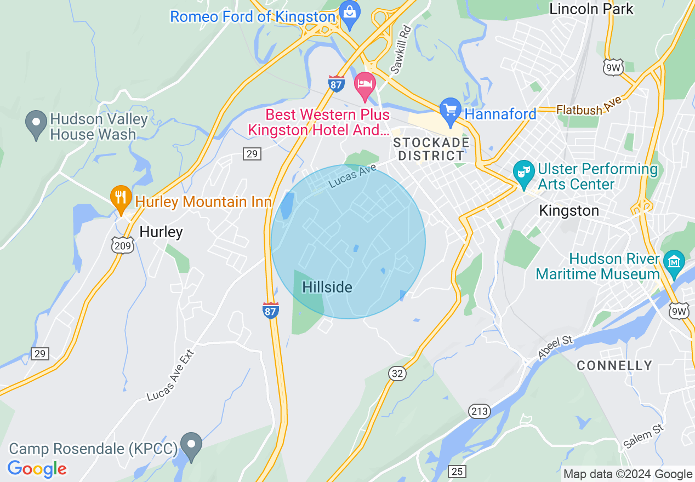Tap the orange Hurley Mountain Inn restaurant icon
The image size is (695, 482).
pyautogui.click(x=121, y=198)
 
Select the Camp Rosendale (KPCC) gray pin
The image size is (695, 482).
pyautogui.click(x=191, y=445)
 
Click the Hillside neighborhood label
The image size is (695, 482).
pyautogui.click(x=327, y=287)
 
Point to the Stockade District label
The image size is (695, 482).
pyautogui.click(x=431, y=149)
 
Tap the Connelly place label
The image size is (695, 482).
pyautogui.click(x=614, y=365)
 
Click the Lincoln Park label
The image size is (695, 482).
pyautogui.click(x=591, y=9)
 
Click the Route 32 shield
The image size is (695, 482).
pyautogui.click(x=397, y=374)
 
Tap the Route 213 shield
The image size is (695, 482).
pyautogui.click(x=477, y=411)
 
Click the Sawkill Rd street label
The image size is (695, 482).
pyautogui.click(x=401, y=50)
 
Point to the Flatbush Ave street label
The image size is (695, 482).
pyautogui.click(x=589, y=106)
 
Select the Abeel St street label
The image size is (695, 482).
pyautogui.click(x=555, y=348)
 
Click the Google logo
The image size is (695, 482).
pyautogui.click(x=37, y=469)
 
